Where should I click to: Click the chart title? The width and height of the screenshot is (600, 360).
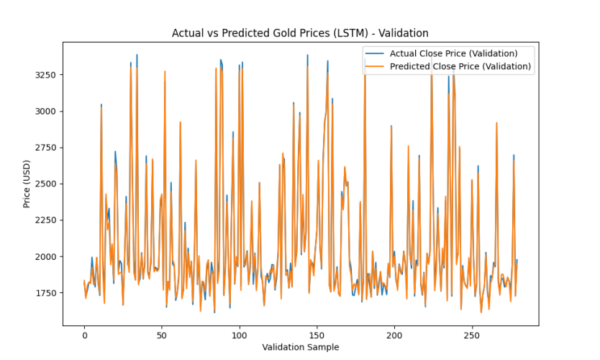[300, 33]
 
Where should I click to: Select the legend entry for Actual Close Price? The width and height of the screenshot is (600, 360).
[453, 53]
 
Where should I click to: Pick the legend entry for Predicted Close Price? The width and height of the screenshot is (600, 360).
[460, 66]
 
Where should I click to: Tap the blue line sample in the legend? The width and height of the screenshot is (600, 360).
[375, 53]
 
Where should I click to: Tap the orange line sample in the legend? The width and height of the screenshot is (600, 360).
[375, 66]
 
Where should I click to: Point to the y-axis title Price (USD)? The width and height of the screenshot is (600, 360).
[27, 184]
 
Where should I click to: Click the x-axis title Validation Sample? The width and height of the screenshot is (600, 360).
[300, 347]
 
